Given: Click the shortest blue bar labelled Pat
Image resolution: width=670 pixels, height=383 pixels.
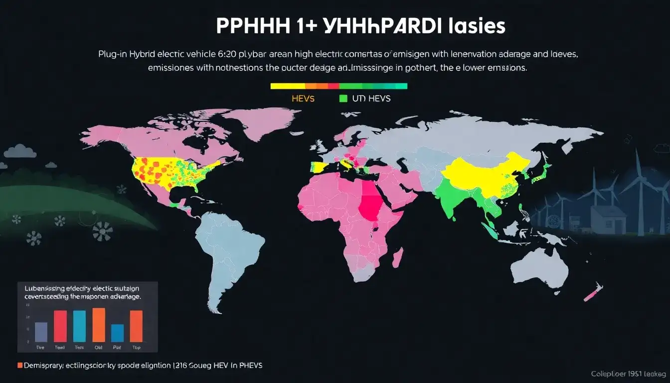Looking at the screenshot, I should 117,333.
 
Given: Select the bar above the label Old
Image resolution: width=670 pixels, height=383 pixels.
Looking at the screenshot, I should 99,325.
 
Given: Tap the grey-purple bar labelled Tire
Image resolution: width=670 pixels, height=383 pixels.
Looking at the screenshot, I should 41,332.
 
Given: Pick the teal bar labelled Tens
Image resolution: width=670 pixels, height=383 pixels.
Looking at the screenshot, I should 79,326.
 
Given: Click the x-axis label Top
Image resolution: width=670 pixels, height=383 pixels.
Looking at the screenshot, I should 136,348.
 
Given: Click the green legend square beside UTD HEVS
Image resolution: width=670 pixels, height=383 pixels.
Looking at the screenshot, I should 342,99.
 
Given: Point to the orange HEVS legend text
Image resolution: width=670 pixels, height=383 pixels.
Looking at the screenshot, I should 303,99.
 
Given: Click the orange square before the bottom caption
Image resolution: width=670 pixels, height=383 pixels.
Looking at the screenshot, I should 20,366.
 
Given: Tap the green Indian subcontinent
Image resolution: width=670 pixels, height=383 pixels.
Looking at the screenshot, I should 451,197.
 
